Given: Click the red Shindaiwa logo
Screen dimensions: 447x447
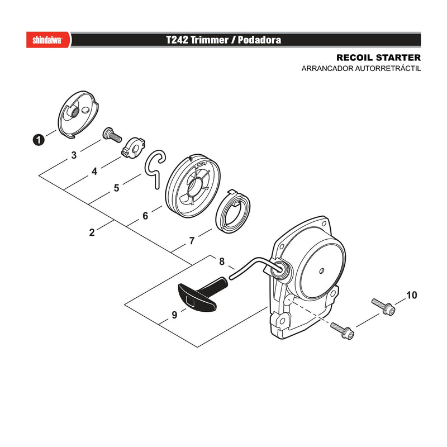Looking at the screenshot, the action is click(x=48, y=40).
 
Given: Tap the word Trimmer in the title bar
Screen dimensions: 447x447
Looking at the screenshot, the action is click(x=210, y=40).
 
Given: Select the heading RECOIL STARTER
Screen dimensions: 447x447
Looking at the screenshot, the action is click(x=378, y=58).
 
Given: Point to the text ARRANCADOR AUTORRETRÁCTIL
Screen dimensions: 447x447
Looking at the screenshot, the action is click(x=361, y=69).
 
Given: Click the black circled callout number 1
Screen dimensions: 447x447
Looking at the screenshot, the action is click(x=39, y=140).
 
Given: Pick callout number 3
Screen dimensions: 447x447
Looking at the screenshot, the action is click(x=74, y=155).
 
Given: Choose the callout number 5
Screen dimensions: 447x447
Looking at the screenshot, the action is click(x=116, y=188).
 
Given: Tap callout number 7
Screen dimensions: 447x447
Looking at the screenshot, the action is click(x=192, y=241).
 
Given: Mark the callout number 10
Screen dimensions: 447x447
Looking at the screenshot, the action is click(x=411, y=296).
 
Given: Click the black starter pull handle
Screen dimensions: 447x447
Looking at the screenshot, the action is click(x=201, y=295).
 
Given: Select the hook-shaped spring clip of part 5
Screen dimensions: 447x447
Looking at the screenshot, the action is click(x=155, y=169).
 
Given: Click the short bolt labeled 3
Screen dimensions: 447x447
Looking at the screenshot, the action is click(x=112, y=135).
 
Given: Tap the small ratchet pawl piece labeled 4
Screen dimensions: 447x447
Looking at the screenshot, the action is click(x=134, y=148).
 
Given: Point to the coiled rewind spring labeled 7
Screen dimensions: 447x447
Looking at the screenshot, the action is click(x=232, y=211).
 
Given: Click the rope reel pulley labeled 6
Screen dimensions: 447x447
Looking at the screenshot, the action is click(x=193, y=186).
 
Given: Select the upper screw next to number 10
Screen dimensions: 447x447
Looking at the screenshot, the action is click(x=383, y=307).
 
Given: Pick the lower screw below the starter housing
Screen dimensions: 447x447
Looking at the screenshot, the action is click(x=342, y=331).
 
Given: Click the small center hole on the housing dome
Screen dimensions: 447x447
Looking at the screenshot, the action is click(x=322, y=270).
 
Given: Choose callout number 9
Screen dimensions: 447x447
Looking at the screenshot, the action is click(x=174, y=315).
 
